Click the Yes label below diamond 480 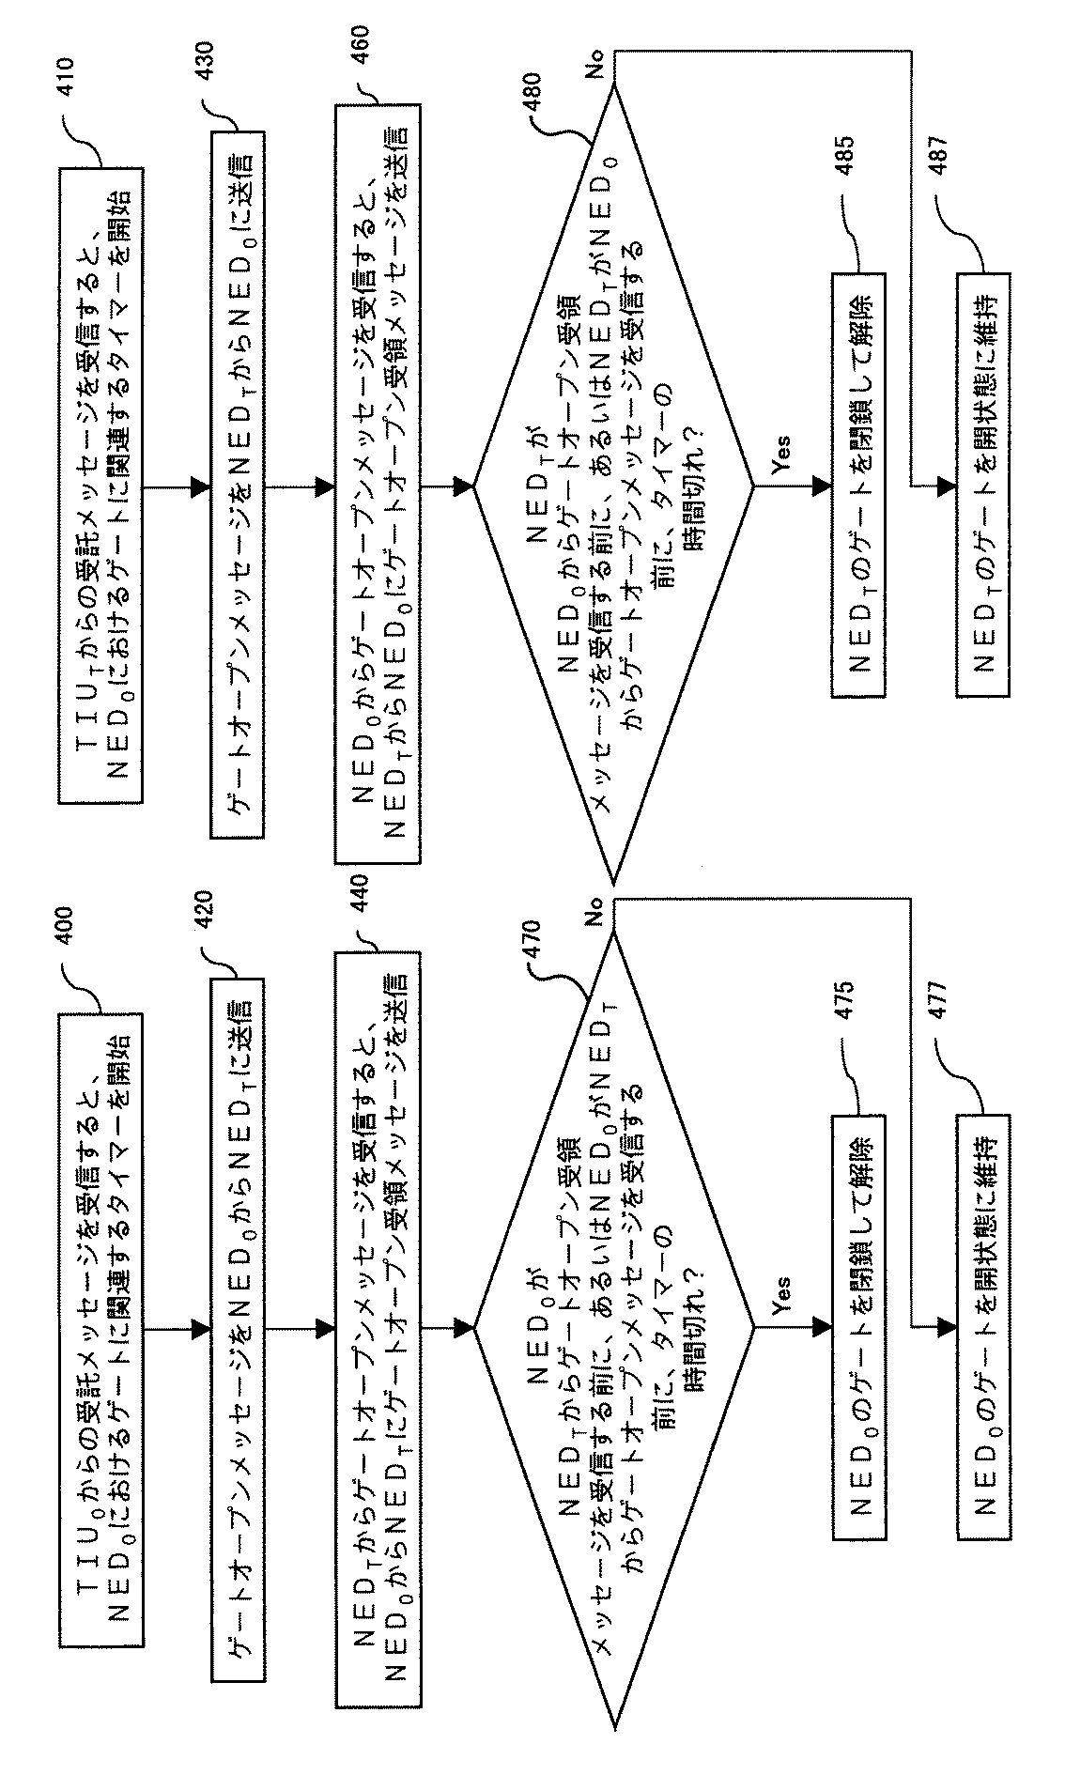tap(780, 453)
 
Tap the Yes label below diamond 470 tap(780, 1297)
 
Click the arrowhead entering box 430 tap(198, 486)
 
